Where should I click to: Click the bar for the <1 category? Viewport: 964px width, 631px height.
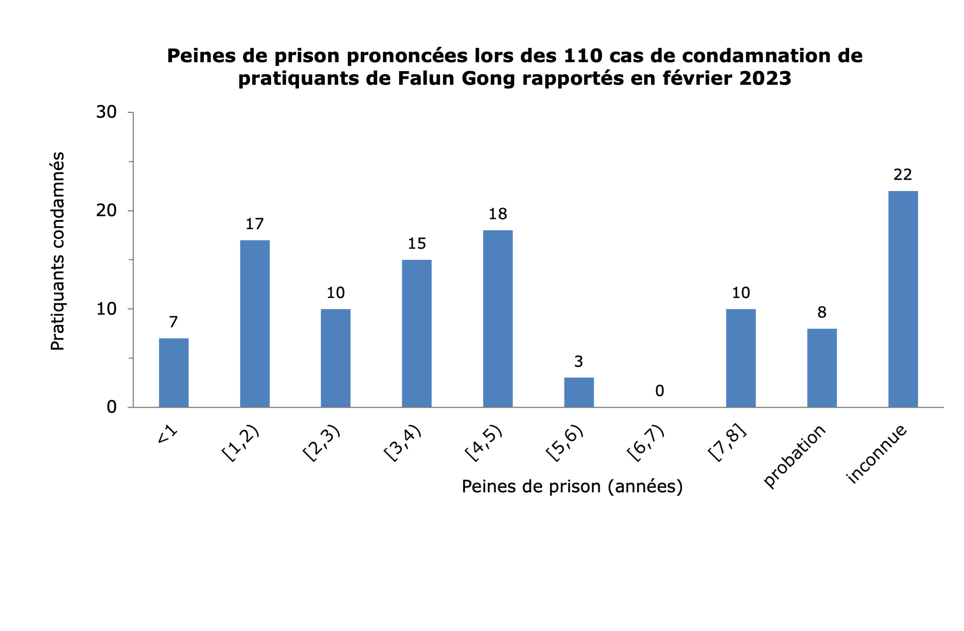(173, 372)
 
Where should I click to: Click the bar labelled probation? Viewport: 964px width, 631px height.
(822, 367)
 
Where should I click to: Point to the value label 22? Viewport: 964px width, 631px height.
(903, 175)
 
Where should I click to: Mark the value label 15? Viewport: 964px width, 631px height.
(416, 244)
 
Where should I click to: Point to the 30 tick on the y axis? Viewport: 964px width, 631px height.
(106, 112)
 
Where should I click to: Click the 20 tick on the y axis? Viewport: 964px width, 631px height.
(106, 211)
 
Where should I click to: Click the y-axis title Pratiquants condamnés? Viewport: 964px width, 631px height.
(57, 251)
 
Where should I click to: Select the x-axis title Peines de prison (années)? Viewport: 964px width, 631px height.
(572, 487)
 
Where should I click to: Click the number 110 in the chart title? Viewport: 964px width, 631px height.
(583, 56)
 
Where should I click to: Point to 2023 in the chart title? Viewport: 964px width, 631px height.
(765, 78)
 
